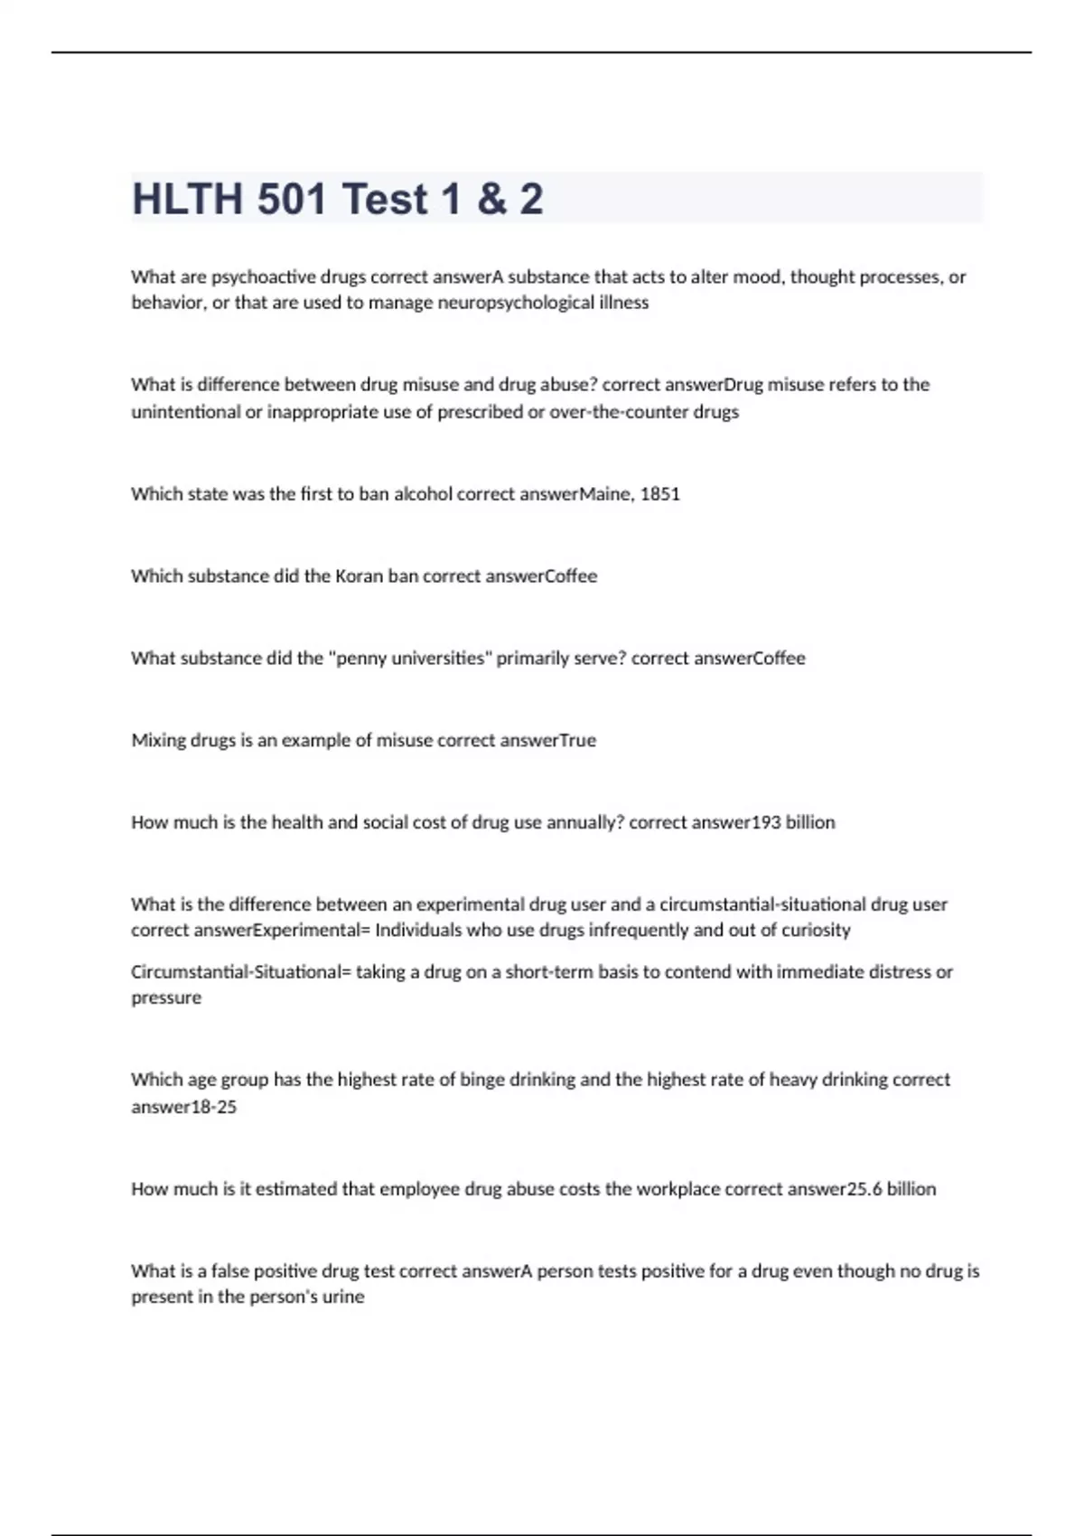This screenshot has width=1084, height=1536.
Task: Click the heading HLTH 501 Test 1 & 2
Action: click(338, 199)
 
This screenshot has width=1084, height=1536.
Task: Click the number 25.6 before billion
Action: click(865, 1188)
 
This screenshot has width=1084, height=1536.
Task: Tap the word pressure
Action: click(166, 997)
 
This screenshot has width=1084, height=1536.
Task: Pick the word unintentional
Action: click(185, 412)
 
